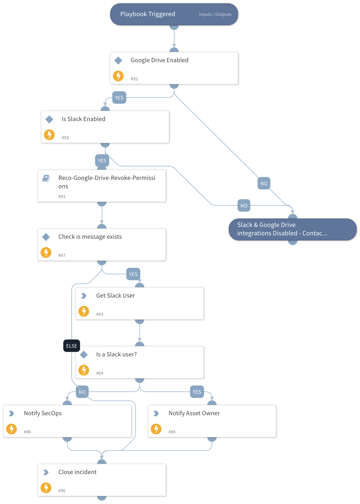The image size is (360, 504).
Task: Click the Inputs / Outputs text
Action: (x=215, y=14)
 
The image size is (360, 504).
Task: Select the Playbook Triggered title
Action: (x=148, y=14)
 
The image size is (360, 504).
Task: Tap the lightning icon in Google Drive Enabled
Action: (x=118, y=76)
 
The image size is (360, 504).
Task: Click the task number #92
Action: (x=134, y=79)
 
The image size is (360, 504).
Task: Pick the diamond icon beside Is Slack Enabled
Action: (x=49, y=119)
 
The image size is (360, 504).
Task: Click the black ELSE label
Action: (x=72, y=346)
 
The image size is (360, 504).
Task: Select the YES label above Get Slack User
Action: (x=133, y=274)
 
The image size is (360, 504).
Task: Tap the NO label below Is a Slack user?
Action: (x=82, y=392)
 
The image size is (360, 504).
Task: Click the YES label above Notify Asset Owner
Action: (x=197, y=392)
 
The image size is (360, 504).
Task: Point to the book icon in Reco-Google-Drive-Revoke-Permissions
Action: (x=46, y=178)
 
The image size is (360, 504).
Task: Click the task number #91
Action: (x=62, y=197)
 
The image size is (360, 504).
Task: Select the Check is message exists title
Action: (x=90, y=237)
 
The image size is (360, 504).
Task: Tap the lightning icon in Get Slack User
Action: (x=84, y=311)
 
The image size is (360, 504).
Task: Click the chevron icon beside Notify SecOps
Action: (x=11, y=413)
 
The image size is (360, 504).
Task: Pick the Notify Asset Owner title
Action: (x=194, y=413)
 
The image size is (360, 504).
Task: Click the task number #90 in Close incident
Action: (x=62, y=491)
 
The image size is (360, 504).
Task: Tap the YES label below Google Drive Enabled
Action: (x=119, y=98)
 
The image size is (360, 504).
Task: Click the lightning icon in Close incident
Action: (x=46, y=488)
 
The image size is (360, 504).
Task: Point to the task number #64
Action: (x=100, y=373)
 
